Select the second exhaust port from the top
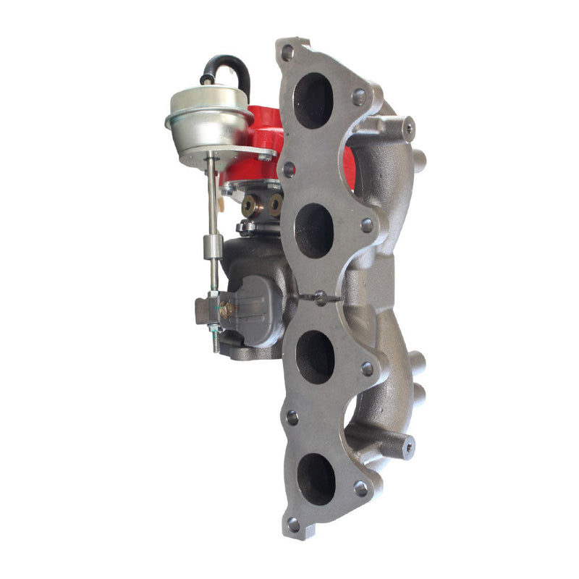point(315,230)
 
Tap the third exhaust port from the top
point(316,355)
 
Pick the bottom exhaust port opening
point(316,478)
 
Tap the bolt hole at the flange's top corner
point(288,53)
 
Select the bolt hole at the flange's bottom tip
point(292,522)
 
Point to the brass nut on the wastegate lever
point(226,309)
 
